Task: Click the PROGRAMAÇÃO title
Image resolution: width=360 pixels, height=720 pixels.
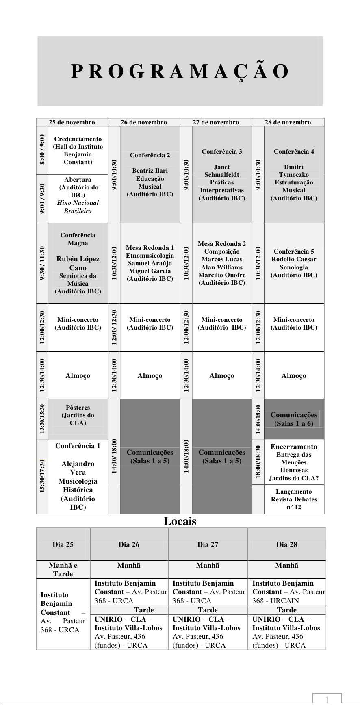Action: [180, 72]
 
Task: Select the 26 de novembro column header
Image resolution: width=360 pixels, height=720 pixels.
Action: [144, 122]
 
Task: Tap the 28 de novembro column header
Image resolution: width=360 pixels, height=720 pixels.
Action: [288, 122]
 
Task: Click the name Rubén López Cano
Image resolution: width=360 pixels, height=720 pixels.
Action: [78, 263]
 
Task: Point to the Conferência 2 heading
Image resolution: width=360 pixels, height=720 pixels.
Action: [150, 155]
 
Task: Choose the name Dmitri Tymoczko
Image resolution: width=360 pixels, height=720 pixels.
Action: [294, 171]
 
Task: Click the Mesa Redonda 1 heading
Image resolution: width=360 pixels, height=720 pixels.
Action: [150, 247]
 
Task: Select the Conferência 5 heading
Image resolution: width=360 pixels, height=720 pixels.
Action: [294, 251]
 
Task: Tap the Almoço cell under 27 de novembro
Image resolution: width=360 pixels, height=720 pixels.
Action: [222, 375]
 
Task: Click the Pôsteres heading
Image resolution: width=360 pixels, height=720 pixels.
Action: [78, 407]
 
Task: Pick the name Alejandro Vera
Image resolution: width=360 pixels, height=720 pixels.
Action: [78, 468]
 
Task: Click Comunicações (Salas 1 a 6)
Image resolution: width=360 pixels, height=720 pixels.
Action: [294, 419]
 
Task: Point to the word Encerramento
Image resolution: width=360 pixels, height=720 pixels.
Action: [294, 447]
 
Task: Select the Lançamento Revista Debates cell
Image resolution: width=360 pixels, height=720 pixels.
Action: [294, 499]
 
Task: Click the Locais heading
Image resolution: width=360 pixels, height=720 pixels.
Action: [180, 521]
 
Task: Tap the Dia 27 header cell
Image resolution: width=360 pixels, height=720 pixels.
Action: [208, 544]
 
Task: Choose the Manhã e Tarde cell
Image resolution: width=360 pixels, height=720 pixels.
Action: [63, 569]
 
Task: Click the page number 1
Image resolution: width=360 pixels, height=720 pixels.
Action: [327, 700]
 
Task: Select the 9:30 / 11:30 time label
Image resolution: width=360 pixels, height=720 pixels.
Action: [42, 263]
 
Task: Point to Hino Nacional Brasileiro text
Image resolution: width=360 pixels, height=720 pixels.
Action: [78, 206]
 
